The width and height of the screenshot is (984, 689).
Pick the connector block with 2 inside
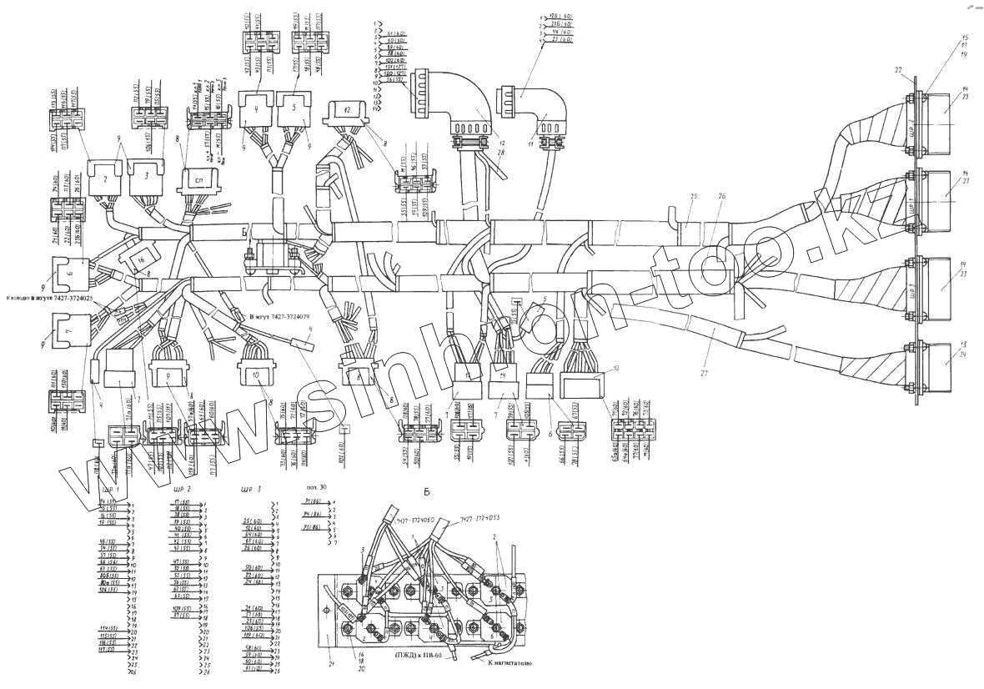click(x=106, y=178)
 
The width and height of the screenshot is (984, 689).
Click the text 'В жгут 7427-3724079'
click(x=279, y=317)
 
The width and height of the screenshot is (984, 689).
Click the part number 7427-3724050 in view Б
click(x=414, y=520)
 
